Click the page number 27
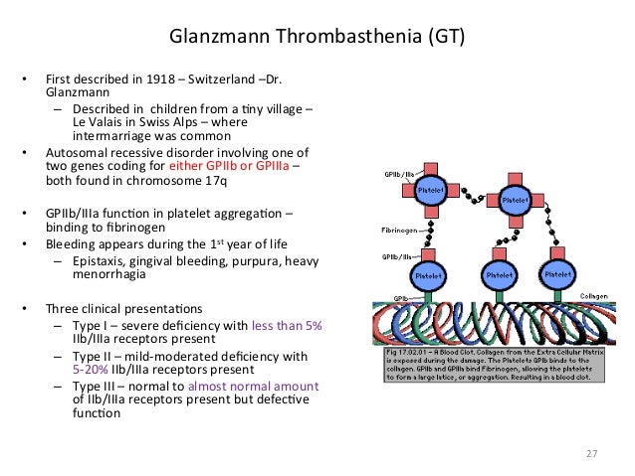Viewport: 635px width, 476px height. click(591, 454)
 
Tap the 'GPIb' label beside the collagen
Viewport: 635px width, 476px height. click(400, 297)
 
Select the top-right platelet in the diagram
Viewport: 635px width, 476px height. click(515, 199)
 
